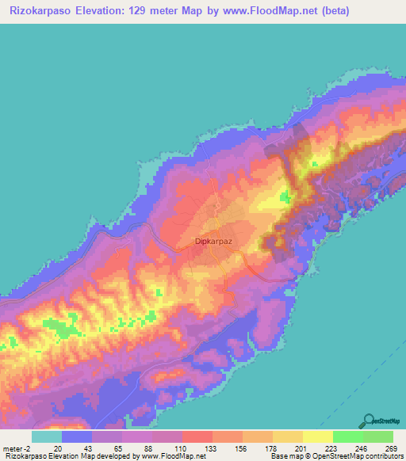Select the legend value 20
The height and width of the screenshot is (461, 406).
click(59, 448)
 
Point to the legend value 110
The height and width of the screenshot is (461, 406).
click(180, 448)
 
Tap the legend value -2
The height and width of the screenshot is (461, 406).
click(29, 448)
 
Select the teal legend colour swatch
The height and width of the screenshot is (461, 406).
click(46, 436)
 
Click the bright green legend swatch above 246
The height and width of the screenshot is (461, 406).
click(347, 436)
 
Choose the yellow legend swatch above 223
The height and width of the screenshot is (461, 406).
click(317, 436)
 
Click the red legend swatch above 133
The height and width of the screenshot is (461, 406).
click(197, 436)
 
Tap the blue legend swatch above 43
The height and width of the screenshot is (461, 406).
click(76, 436)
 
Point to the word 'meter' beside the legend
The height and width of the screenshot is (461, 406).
click(13, 448)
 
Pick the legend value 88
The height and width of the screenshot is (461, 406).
click(149, 448)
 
